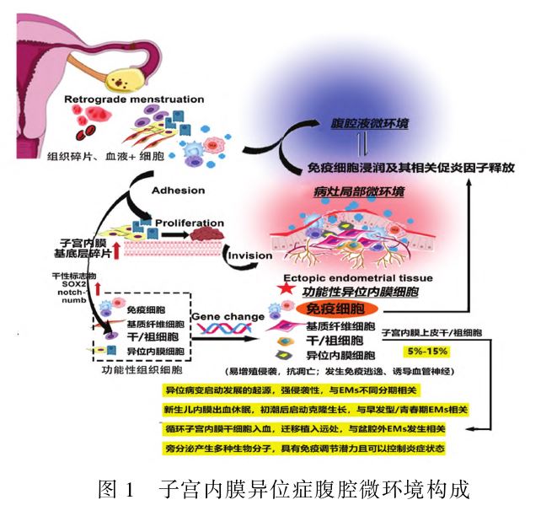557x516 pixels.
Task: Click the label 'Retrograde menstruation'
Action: click(x=135, y=99)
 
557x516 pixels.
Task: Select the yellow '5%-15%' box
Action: click(x=427, y=351)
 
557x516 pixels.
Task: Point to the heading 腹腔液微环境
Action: click(x=370, y=123)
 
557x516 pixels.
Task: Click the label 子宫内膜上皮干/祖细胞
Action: click(x=431, y=333)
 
